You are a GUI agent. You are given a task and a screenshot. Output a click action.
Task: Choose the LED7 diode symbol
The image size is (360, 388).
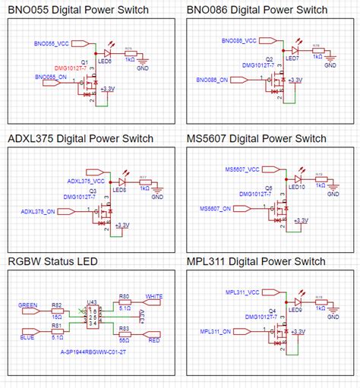[x=294, y=47]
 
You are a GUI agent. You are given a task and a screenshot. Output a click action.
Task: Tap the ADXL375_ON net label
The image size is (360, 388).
[x=38, y=211]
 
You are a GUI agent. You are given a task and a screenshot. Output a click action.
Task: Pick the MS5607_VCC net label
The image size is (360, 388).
[x=242, y=169]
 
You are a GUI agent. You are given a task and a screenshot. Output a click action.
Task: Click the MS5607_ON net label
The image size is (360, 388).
[x=217, y=207]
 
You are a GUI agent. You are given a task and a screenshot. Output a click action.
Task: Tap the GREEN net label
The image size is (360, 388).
[x=27, y=304]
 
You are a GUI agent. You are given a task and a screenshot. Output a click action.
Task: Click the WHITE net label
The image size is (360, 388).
[x=154, y=297]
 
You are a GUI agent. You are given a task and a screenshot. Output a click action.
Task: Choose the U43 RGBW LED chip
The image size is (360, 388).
[x=92, y=317]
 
